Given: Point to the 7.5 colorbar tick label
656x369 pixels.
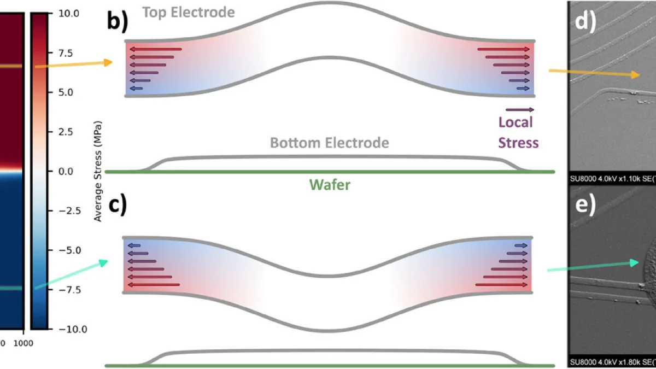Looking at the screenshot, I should point(69,52).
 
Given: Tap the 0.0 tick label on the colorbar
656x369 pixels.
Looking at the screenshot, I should point(69,171).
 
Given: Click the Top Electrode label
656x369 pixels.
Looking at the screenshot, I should point(189,11).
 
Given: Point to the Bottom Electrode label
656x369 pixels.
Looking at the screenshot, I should point(330,143).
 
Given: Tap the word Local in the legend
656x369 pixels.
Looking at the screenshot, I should point(515,122).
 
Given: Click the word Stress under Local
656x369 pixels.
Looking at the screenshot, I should point(518,143).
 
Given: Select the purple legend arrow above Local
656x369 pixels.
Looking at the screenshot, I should point(520,110).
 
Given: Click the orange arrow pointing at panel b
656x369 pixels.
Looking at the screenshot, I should point(73,65).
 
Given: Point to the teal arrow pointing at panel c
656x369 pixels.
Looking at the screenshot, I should point(71,274).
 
